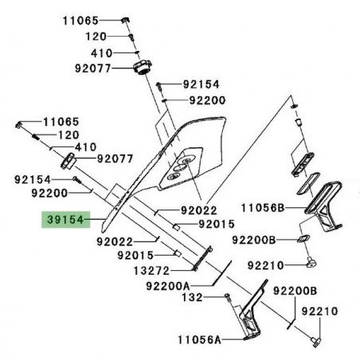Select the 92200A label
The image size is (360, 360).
pos(168,284)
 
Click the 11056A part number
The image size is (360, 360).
pos(195,338)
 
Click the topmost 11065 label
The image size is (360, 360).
pos(80,19)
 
